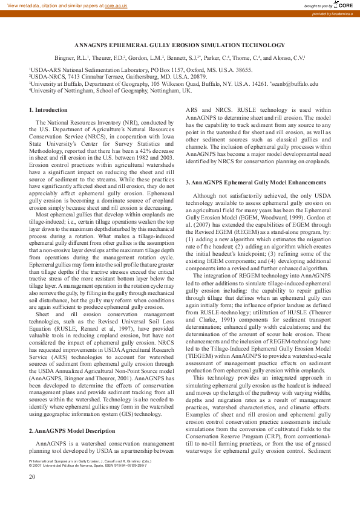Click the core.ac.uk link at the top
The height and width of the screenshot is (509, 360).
click(x=116, y=5)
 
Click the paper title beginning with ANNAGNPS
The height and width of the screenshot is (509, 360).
click(x=180, y=45)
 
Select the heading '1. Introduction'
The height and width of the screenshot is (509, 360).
click(x=48, y=109)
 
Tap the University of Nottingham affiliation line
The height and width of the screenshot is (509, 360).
click(x=110, y=91)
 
